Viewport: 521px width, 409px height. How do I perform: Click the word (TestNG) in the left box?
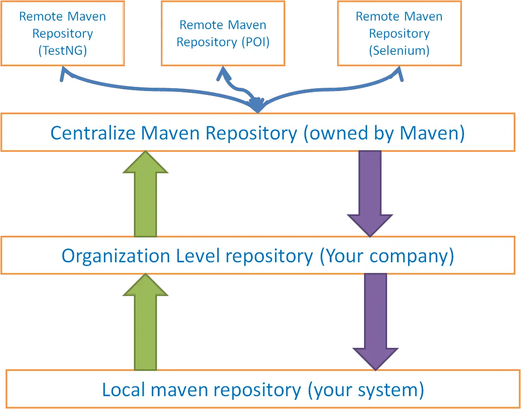(x=62, y=51)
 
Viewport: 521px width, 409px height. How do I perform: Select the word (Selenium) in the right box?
(x=399, y=51)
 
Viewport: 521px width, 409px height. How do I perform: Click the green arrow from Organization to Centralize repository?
(x=145, y=195)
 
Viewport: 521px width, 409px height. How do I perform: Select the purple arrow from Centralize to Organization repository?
(x=370, y=193)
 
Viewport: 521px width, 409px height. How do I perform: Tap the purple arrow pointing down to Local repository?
(x=376, y=321)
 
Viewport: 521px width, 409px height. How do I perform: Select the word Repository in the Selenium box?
(x=399, y=34)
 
